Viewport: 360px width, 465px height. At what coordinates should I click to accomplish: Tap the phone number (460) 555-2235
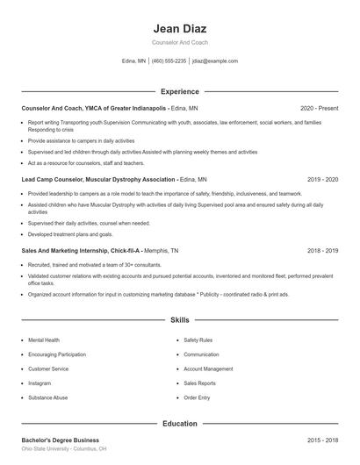(x=169, y=61)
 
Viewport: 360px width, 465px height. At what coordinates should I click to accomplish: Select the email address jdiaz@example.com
(x=215, y=61)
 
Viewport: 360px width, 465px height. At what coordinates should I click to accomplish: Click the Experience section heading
(x=179, y=91)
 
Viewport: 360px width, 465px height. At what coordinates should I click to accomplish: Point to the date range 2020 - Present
(x=319, y=108)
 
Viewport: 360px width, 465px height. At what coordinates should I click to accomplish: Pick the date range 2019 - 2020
(x=322, y=179)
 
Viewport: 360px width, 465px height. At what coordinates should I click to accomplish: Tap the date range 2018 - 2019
(x=322, y=250)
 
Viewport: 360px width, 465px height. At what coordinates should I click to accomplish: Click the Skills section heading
(x=179, y=321)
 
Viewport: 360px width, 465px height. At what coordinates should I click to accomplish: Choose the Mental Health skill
(x=44, y=340)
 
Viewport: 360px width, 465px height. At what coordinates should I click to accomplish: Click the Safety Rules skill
(x=198, y=340)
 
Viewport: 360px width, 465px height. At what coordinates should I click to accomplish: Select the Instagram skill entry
(x=40, y=383)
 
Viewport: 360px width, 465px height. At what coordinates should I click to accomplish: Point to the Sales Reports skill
(x=200, y=383)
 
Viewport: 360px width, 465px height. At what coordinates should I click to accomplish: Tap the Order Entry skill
(x=197, y=398)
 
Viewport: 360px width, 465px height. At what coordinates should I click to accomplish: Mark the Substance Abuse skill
(x=47, y=398)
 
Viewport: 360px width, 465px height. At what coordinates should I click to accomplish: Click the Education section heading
(x=179, y=424)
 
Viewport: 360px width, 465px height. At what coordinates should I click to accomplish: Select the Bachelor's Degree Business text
(x=60, y=440)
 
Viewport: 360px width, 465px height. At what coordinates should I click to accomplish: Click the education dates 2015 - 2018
(x=322, y=440)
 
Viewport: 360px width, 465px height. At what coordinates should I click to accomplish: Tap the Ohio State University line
(x=64, y=448)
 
